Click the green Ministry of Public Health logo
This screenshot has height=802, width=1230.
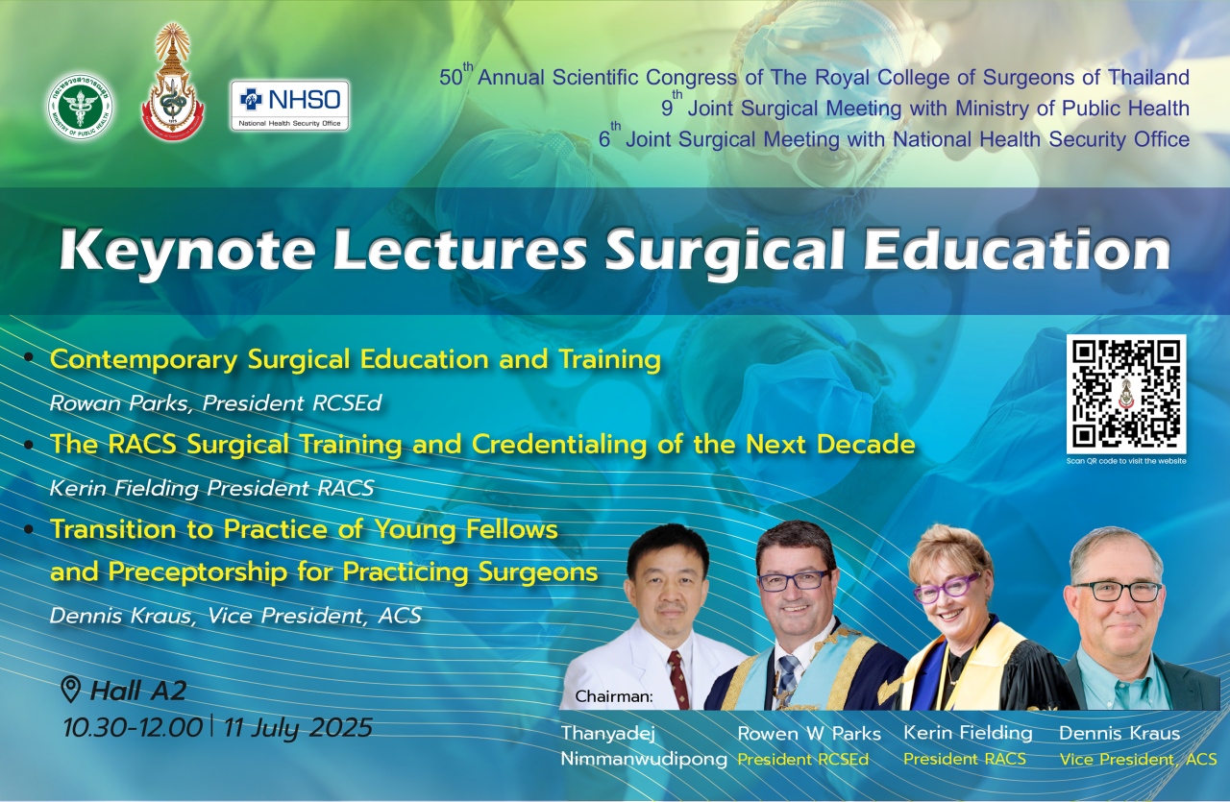tap(80, 106)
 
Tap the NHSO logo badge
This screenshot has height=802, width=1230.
tap(289, 106)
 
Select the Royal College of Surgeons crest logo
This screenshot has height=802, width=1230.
tap(172, 82)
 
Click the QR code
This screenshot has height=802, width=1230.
tap(1126, 394)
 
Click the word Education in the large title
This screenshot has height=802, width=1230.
tap(1017, 250)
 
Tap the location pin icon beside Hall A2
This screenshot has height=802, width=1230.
tap(70, 690)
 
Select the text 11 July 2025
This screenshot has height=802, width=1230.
tap(298, 728)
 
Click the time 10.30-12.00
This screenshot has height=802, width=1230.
tap(133, 728)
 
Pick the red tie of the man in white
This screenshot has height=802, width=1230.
tap(678, 680)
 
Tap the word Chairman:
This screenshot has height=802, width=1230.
tap(614, 696)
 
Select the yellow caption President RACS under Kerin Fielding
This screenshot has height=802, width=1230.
tap(964, 759)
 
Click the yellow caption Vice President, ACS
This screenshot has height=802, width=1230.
tap(1138, 759)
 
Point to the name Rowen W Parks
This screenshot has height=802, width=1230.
tap(809, 734)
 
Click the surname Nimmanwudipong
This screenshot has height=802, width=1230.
tap(644, 759)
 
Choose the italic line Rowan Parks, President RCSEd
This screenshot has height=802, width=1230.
tap(215, 403)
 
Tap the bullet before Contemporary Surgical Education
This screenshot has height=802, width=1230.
tap(29, 358)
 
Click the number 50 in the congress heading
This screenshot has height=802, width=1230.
tap(451, 78)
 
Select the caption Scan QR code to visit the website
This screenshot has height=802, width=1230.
tap(1126, 461)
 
